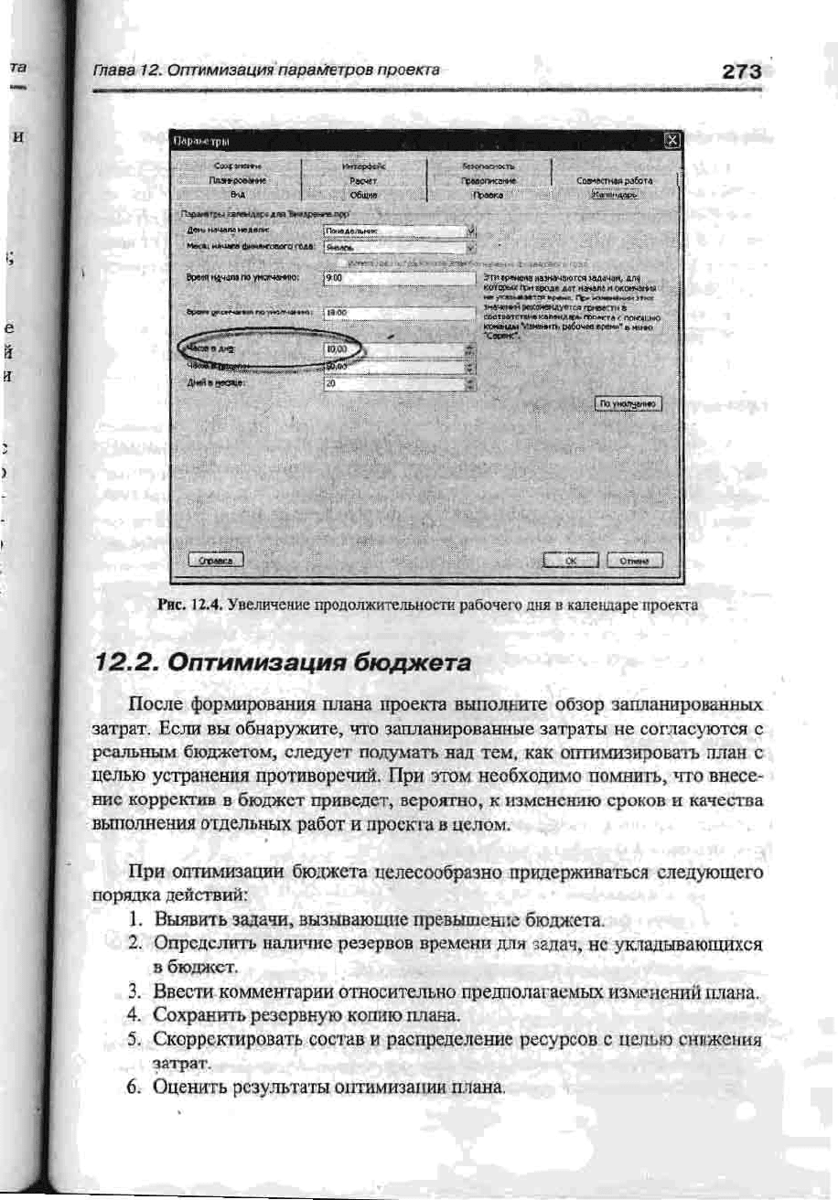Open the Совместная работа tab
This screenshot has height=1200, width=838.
[613, 181]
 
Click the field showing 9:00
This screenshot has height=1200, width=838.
[399, 277]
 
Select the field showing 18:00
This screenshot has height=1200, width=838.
[399, 312]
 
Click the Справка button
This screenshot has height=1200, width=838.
[215, 562]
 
